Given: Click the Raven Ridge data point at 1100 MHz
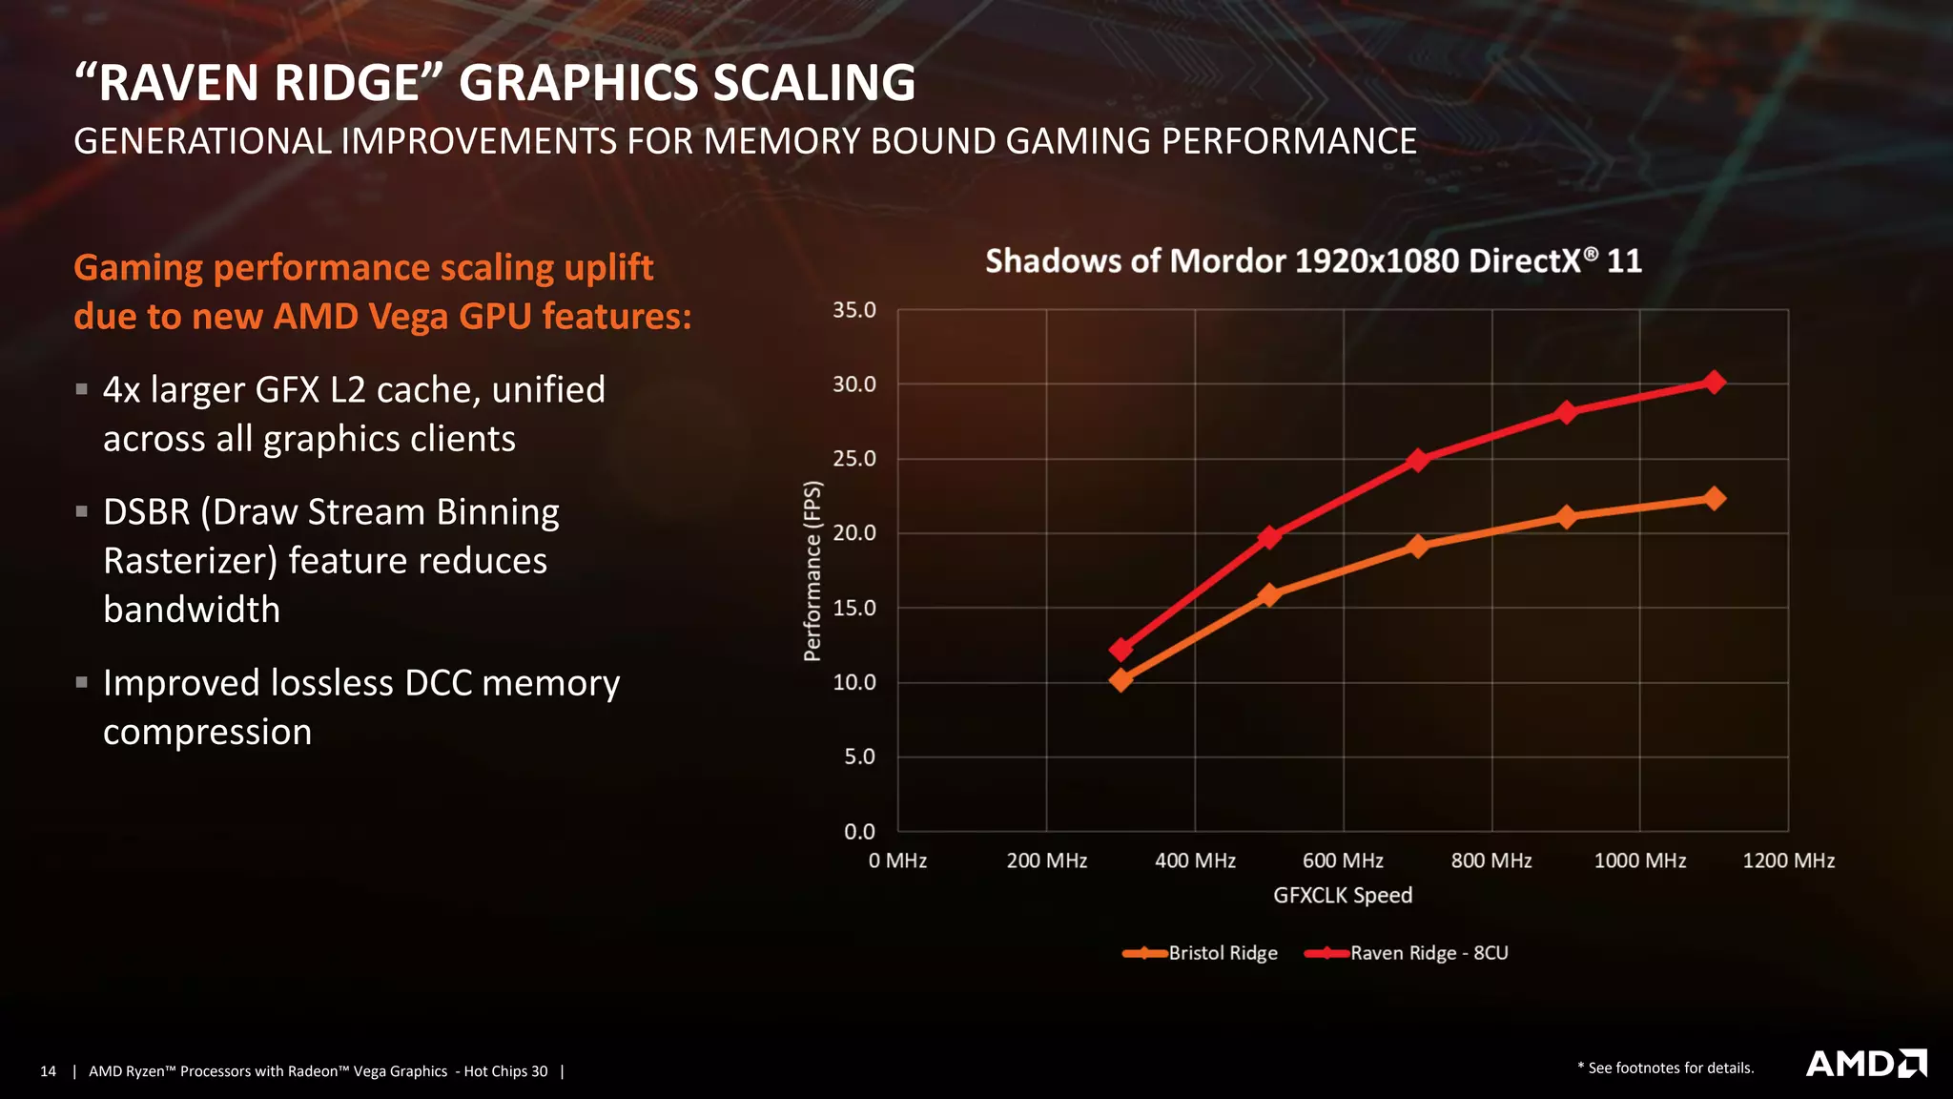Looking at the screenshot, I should click(1714, 383).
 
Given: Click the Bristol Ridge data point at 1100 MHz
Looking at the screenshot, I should click(1714, 498).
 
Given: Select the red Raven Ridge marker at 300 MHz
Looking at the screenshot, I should click(1121, 650).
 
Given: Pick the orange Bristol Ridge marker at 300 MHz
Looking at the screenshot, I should click(1121, 679).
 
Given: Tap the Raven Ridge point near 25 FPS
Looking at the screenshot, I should click(1418, 460).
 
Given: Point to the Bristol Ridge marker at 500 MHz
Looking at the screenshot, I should click(1269, 595).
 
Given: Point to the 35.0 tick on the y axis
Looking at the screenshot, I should click(853, 310).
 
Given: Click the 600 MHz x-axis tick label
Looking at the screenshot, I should click(1343, 861).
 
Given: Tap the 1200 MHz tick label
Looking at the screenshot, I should click(1788, 861).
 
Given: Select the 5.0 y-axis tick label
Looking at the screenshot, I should click(858, 757).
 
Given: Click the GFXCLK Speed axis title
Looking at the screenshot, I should click(1343, 895).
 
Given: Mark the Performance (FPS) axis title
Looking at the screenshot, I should click(812, 570).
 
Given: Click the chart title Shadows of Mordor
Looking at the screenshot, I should click(1313, 260).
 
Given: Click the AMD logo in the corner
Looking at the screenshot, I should click(1865, 1064).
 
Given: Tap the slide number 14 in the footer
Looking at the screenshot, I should click(48, 1071).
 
